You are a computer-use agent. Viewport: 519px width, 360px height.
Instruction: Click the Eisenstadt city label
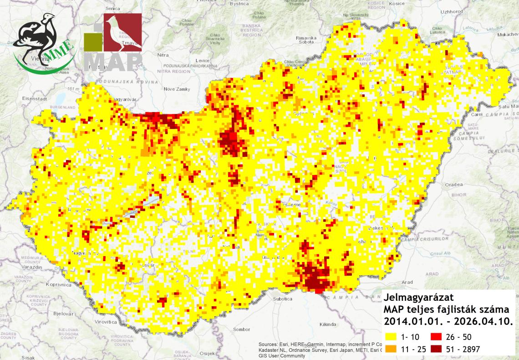pyautogui.click(x=34, y=98)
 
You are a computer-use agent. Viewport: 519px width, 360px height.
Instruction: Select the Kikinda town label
pyautogui.click(x=327, y=325)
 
